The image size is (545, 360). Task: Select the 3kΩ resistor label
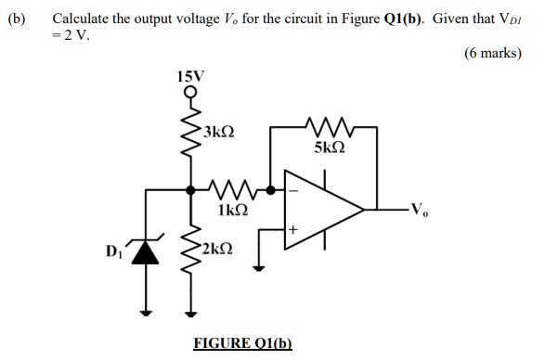tap(219, 133)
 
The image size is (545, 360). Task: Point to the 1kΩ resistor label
tap(232, 211)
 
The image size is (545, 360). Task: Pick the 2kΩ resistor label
tap(220, 248)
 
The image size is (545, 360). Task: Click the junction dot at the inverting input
tap(270, 189)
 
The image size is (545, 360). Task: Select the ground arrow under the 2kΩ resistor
tap(194, 312)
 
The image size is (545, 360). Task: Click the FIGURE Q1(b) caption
tap(242, 343)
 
